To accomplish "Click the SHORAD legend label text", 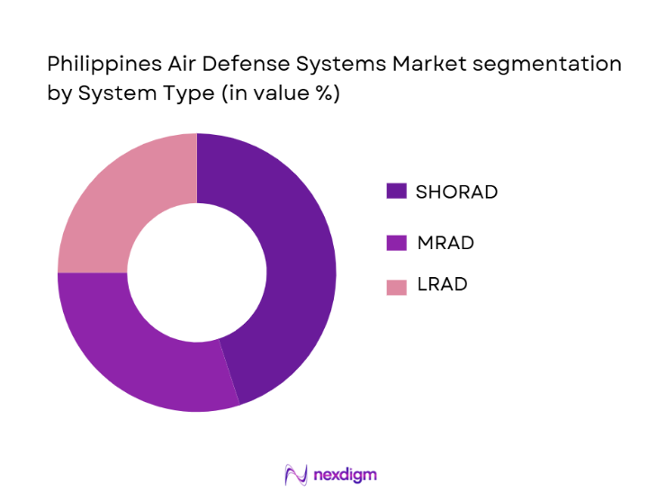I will click(x=456, y=192).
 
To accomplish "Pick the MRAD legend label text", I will click(x=445, y=242).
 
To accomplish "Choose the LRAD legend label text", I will click(x=441, y=285).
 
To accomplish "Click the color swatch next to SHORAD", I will click(x=396, y=192).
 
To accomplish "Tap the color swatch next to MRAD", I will click(x=396, y=242).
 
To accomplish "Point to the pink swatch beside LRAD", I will click(x=396, y=286).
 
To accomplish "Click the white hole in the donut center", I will click(x=196, y=272).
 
